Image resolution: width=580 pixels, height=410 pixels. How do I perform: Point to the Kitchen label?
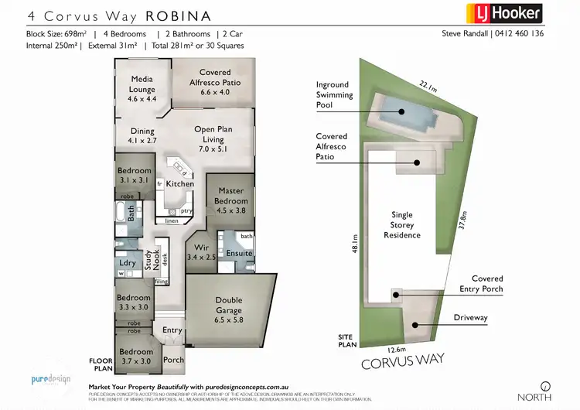[180, 183]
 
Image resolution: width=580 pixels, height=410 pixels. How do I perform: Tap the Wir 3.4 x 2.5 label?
[195, 252]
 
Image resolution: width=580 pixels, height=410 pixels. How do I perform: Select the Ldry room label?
[128, 264]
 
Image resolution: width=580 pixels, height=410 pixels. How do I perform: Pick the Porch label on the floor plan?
[173, 359]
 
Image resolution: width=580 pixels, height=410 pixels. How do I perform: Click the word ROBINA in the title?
[167, 14]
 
